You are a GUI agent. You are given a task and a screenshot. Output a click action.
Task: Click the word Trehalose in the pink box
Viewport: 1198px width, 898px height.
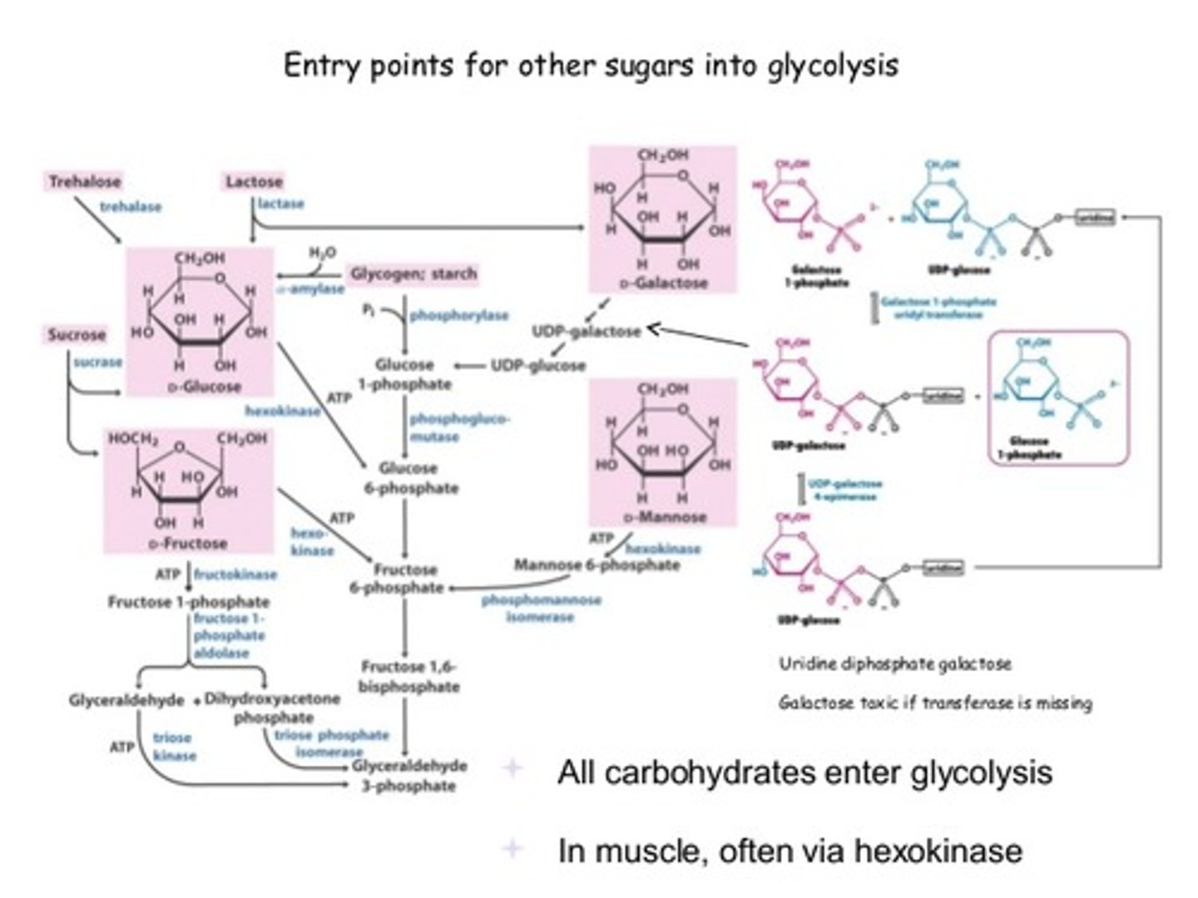(85, 181)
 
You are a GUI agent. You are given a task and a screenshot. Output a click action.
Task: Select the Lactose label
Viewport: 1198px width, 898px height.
(254, 181)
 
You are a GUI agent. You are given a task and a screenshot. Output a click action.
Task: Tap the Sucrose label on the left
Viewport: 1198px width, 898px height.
(77, 335)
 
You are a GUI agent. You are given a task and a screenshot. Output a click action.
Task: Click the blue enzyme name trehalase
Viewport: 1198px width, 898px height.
(131, 206)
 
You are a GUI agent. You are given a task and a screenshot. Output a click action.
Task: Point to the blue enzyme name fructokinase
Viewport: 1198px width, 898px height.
(235, 575)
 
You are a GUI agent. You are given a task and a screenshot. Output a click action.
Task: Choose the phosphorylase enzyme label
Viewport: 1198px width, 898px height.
(458, 316)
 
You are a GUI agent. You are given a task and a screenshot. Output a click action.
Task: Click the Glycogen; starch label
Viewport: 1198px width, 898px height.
(413, 274)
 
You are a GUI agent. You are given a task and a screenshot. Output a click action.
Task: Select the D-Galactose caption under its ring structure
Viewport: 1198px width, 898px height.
(663, 284)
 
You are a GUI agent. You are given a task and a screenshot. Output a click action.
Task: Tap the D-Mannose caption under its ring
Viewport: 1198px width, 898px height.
(663, 517)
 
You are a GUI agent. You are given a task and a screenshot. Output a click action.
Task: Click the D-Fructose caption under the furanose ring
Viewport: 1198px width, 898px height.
(188, 543)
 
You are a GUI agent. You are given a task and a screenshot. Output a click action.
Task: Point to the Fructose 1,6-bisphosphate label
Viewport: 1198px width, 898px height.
(409, 677)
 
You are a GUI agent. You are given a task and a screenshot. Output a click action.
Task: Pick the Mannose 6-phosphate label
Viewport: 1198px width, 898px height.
(597, 565)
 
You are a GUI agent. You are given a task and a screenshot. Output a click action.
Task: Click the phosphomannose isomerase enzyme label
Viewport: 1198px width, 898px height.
(541, 609)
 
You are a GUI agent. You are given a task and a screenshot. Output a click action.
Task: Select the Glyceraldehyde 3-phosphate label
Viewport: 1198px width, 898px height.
(409, 776)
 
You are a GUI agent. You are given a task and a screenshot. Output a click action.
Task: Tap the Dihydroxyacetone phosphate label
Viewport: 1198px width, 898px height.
(273, 708)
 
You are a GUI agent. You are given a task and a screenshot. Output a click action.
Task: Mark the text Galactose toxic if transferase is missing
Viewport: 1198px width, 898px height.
(935, 703)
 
